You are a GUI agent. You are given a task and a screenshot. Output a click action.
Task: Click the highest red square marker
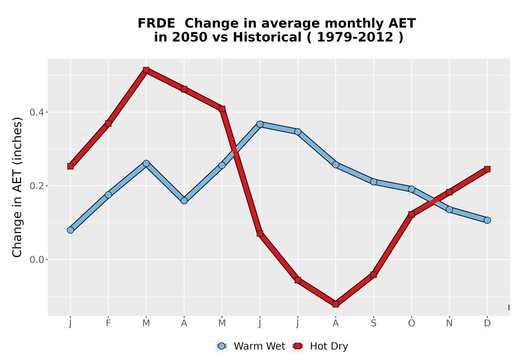click(x=146, y=70)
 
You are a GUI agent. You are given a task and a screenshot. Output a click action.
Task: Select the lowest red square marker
click(x=336, y=304)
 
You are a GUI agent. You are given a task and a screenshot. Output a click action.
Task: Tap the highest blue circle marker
click(x=260, y=124)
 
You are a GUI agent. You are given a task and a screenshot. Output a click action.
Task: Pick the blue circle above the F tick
click(x=108, y=195)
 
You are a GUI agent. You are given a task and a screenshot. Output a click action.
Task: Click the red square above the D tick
click(x=487, y=169)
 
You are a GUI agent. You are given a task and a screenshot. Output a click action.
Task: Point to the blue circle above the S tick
click(x=374, y=182)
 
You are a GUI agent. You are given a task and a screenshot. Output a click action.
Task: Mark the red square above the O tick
click(x=411, y=214)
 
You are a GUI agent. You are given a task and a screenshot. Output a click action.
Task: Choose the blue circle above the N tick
click(x=449, y=209)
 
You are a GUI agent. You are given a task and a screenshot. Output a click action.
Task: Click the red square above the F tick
click(x=108, y=123)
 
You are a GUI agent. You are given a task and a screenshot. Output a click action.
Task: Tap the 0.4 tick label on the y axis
click(x=36, y=113)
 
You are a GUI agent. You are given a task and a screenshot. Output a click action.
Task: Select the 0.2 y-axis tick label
click(x=36, y=186)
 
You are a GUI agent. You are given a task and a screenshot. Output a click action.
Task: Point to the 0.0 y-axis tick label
click(x=36, y=260)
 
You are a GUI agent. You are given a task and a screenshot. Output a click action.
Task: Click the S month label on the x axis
click(x=374, y=323)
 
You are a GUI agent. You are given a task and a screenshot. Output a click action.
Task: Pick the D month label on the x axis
click(x=487, y=323)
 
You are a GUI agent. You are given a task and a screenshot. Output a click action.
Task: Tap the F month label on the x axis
click(x=108, y=323)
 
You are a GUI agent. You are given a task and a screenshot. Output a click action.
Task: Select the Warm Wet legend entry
click(x=251, y=346)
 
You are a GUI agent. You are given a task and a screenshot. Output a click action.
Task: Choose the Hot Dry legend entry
click(x=320, y=346)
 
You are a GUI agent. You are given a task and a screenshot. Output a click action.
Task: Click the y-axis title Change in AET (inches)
click(x=17, y=187)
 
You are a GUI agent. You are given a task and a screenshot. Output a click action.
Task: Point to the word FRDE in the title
click(x=156, y=24)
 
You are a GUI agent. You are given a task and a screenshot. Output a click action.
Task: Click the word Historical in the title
click(x=267, y=38)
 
